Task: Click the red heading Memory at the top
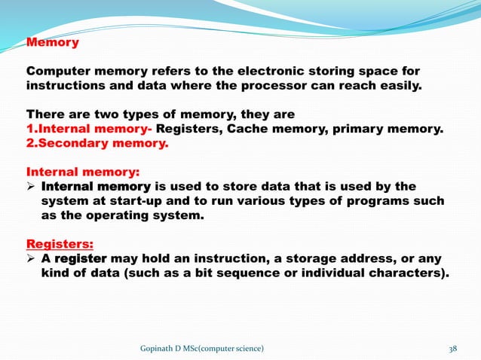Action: click(53, 42)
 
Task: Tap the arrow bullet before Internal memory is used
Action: click(32, 186)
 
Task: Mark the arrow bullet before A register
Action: click(32, 258)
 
